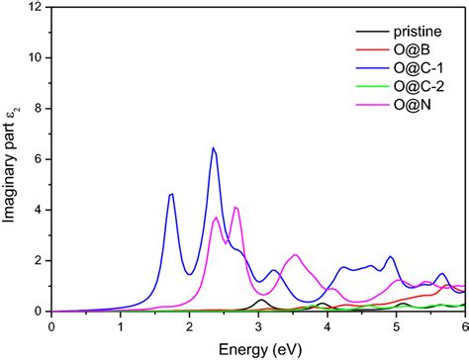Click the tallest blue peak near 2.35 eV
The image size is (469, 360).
coord(213,148)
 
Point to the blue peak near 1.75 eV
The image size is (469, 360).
coord(172,194)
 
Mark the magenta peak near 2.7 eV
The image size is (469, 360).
coord(235,207)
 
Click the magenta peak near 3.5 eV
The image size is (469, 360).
coord(294,255)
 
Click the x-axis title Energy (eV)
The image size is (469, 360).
coord(258,347)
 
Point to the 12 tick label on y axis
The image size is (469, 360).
coord(37,8)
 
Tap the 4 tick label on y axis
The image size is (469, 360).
coord(40,210)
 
